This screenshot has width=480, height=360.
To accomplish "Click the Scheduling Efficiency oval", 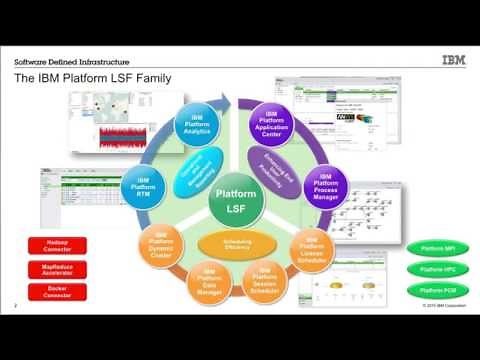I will [x=238, y=242].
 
